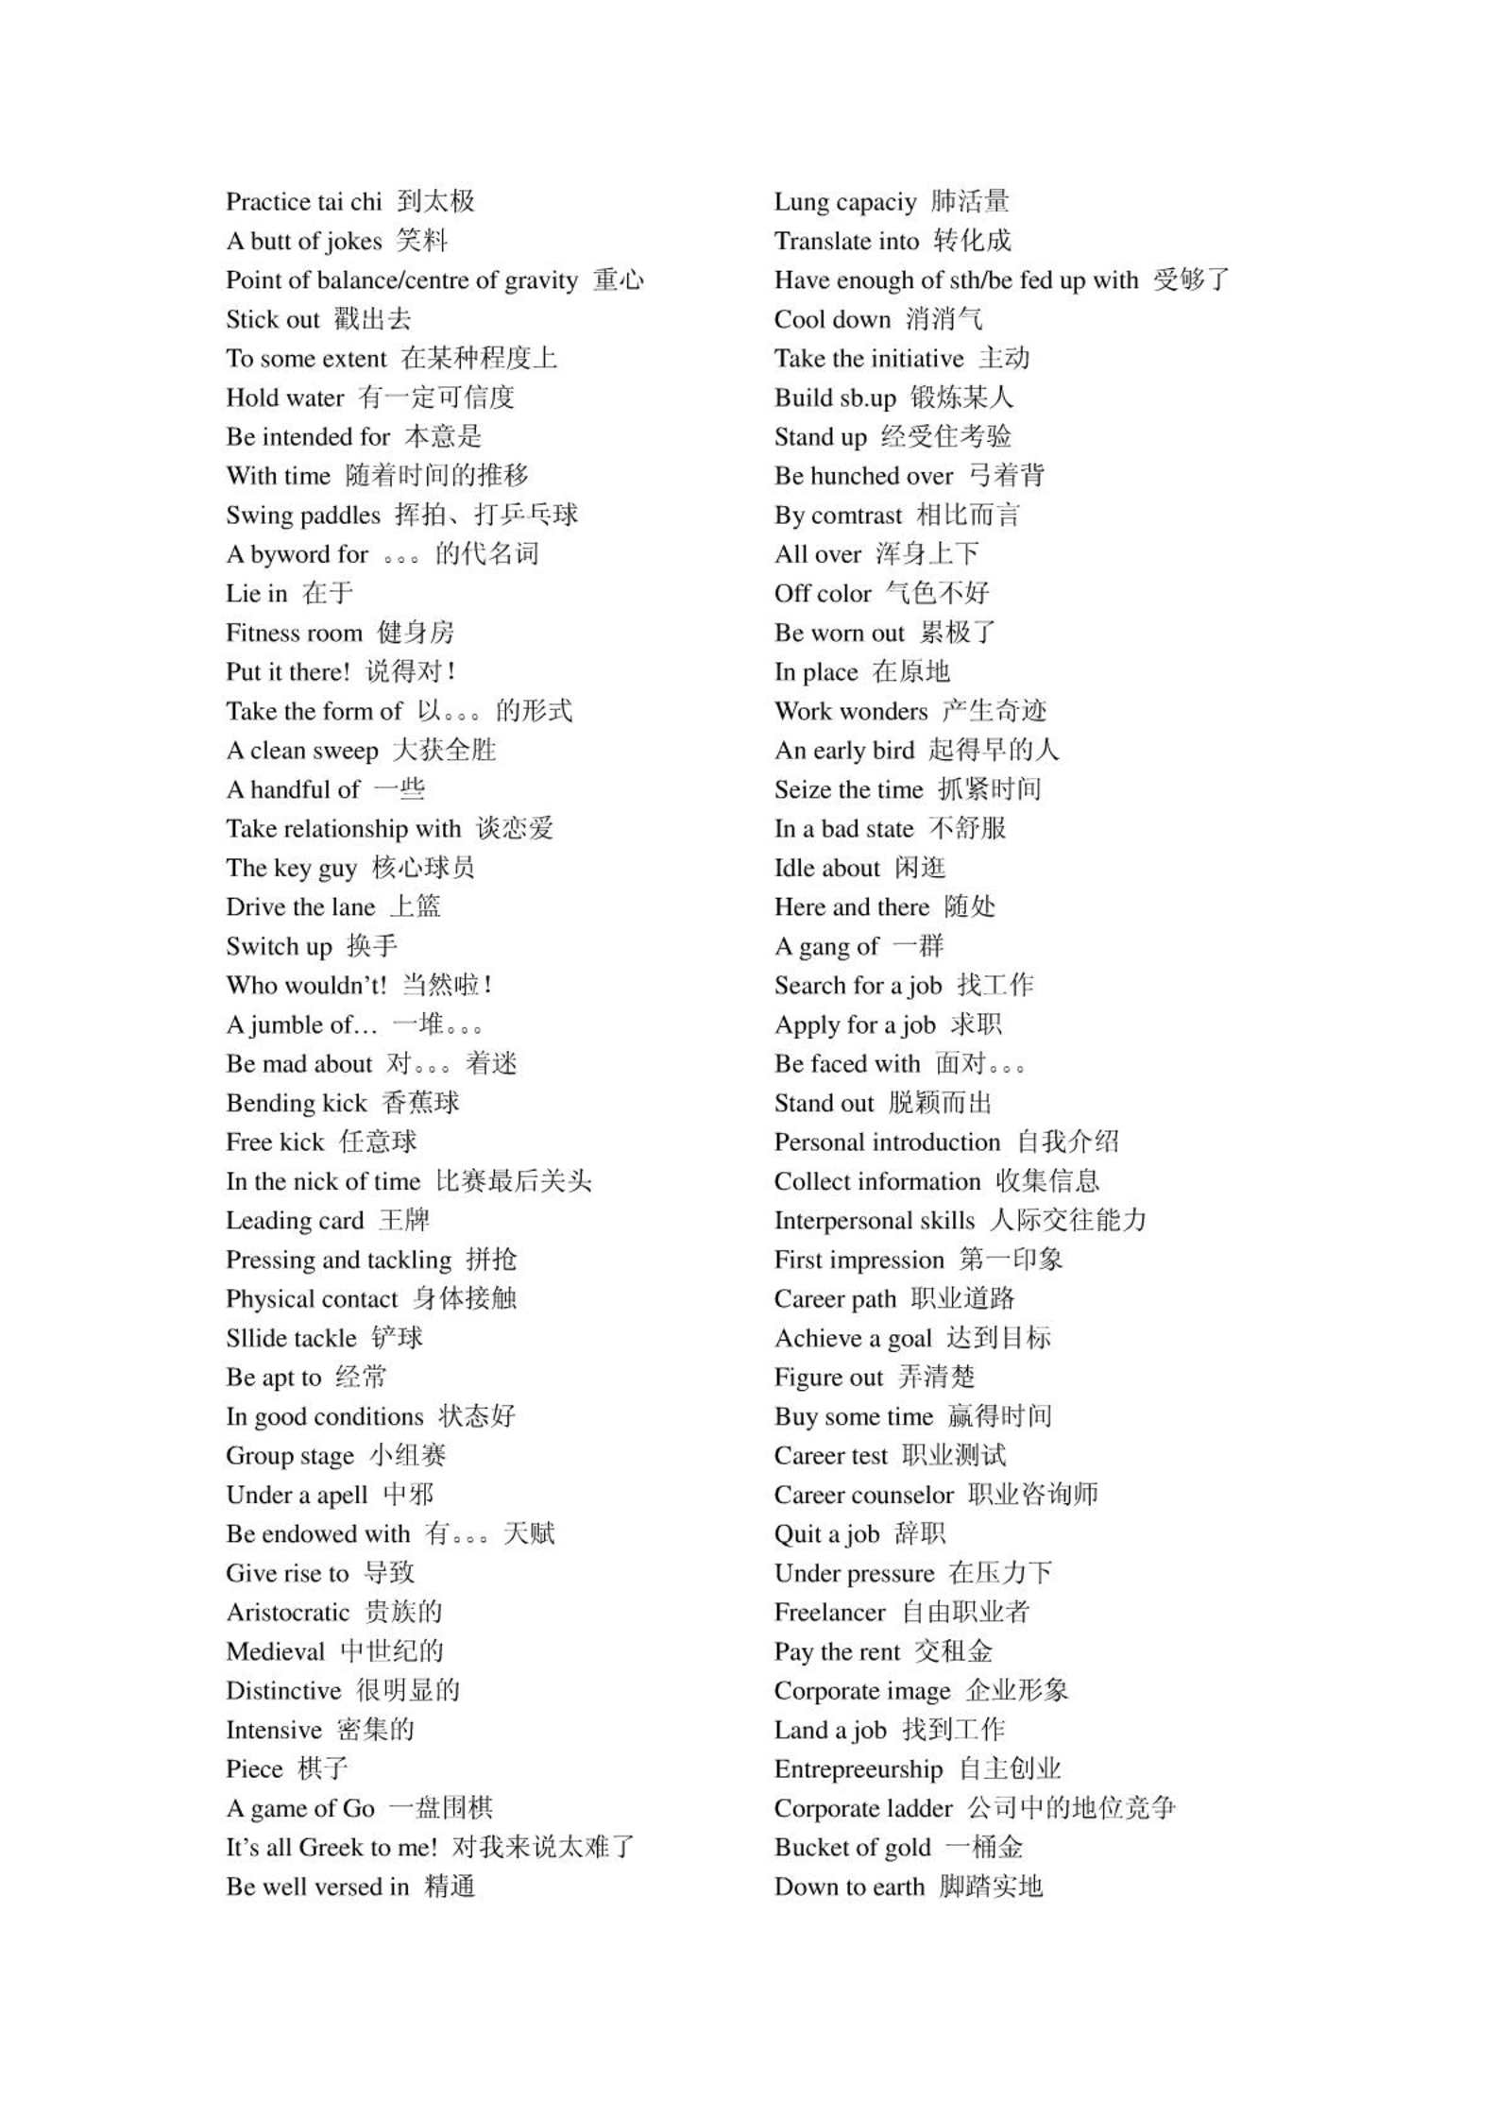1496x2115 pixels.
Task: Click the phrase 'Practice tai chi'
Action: [x=303, y=202]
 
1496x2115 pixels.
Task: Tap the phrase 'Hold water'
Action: [x=284, y=398]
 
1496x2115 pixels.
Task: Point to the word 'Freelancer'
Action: [x=829, y=1613]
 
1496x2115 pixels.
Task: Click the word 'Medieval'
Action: [x=275, y=1652]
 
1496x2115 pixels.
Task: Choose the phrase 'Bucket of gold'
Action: [x=852, y=1848]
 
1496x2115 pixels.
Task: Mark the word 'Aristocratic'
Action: [x=287, y=1613]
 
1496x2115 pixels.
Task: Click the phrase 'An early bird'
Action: [x=843, y=751]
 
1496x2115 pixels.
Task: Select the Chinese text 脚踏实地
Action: [x=990, y=1887]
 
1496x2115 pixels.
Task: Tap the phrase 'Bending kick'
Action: [x=296, y=1104]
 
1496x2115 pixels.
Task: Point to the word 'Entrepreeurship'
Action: [x=858, y=1769]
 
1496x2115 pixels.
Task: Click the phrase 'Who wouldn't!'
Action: [x=306, y=986]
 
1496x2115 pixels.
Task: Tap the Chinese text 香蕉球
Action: [x=420, y=1103]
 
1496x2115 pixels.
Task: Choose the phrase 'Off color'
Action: [x=822, y=594]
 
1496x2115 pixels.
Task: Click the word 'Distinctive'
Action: [x=282, y=1691]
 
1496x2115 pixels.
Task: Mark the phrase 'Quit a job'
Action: [x=826, y=1534]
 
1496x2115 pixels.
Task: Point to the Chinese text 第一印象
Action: [x=1011, y=1260]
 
